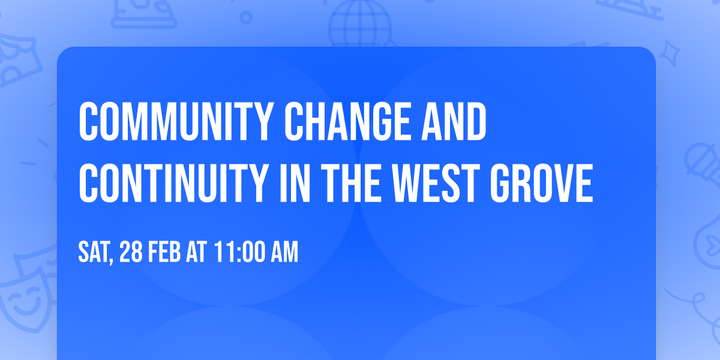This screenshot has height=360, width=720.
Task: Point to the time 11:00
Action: (237, 253)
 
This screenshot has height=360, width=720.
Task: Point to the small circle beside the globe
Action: (246, 18)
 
